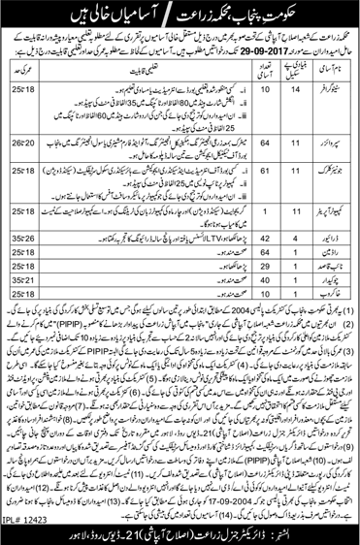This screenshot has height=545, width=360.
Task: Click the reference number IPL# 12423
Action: pyautogui.click(x=26, y=529)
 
